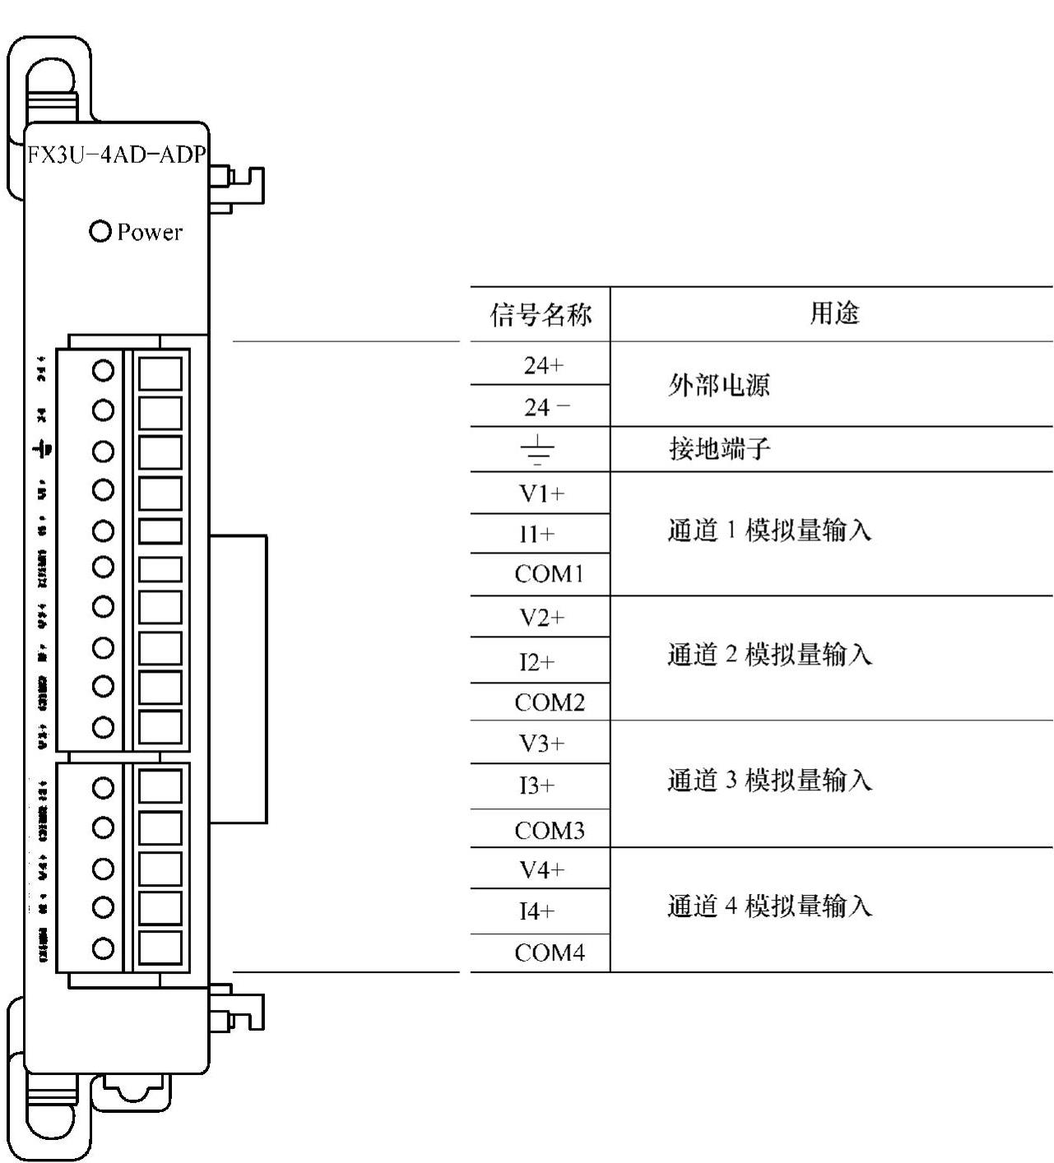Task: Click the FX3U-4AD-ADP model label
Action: (x=116, y=155)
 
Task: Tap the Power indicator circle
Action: (x=100, y=231)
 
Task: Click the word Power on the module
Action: (x=149, y=232)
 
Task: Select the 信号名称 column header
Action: (x=541, y=314)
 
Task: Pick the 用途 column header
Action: (x=833, y=313)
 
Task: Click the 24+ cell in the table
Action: (x=543, y=364)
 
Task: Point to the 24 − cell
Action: (x=546, y=406)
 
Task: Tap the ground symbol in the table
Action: (x=537, y=450)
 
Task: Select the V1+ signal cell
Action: (x=541, y=493)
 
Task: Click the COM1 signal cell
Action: (x=549, y=574)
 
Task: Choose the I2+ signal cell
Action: (x=536, y=662)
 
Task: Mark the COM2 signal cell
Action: (x=549, y=703)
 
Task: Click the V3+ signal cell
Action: (x=541, y=744)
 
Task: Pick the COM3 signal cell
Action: (x=549, y=831)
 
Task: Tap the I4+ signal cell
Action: (x=536, y=911)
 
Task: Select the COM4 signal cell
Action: (x=549, y=953)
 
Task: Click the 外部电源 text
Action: (x=718, y=385)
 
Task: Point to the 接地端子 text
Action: (x=719, y=449)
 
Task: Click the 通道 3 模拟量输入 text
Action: (x=769, y=780)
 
